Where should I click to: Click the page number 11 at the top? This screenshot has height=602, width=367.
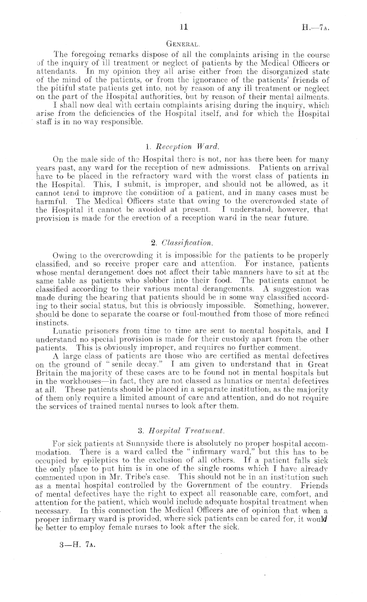point(183,26)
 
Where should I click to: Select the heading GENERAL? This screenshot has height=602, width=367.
point(183,46)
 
